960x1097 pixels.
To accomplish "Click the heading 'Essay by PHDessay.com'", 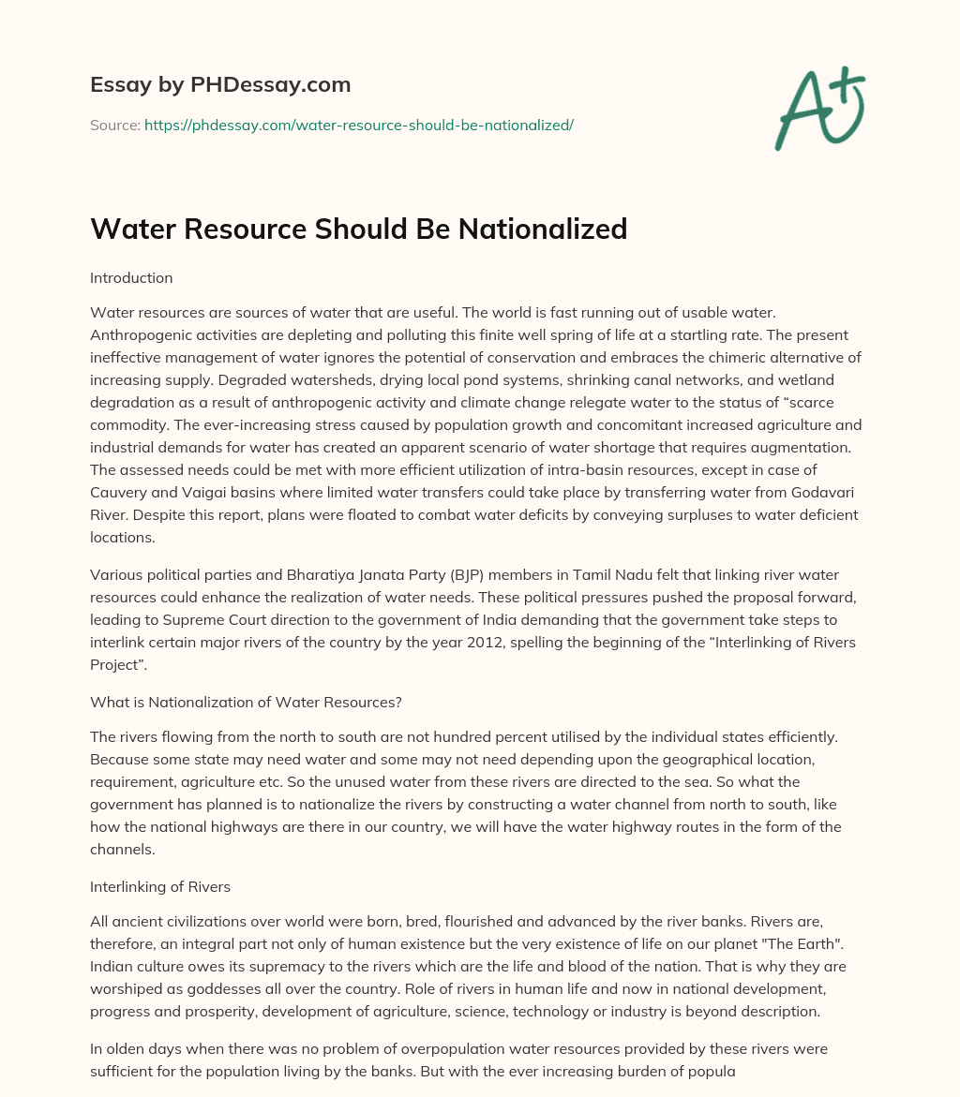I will point(220,85).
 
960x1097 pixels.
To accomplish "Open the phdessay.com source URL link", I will point(358,125).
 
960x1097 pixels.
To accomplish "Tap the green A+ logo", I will point(819,110).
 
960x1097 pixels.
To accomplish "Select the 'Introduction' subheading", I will point(131,278).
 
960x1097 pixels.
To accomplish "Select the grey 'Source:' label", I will point(114,125).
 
